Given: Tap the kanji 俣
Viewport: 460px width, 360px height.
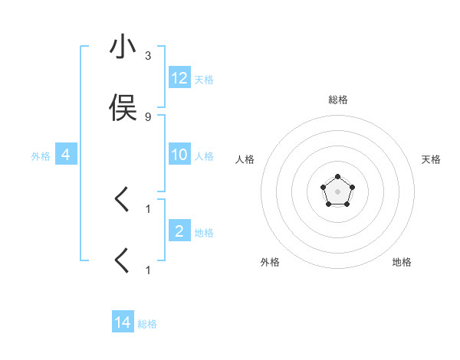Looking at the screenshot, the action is tap(123, 108).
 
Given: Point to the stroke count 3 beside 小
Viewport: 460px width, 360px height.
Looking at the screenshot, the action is tap(148, 56).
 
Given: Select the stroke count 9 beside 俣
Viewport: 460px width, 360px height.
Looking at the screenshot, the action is tap(148, 116).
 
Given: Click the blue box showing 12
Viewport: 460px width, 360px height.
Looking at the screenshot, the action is tap(179, 77).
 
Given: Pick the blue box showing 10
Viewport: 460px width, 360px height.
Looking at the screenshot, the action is tap(179, 155).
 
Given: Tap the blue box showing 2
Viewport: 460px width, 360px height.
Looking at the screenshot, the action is tap(179, 231).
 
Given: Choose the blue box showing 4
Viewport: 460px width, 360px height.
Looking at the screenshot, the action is tap(66, 155).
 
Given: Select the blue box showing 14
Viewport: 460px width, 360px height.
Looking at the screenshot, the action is tap(123, 322).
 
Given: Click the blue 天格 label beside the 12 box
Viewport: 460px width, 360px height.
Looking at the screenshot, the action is tap(204, 79).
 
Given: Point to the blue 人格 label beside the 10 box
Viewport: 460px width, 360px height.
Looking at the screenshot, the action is tap(204, 156).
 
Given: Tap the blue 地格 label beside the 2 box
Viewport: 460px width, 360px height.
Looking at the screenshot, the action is tap(204, 232).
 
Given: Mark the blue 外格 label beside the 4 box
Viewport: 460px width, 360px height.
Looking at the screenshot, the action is tap(41, 156).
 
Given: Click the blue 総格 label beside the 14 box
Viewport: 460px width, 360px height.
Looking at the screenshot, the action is tap(147, 324).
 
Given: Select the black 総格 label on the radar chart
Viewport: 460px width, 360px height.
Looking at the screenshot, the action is tap(337, 100).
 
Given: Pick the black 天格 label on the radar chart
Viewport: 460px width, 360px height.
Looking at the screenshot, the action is tap(431, 159).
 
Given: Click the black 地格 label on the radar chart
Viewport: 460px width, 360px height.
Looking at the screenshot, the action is tap(402, 262).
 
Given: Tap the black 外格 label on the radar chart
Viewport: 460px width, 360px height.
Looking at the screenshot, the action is tap(270, 262).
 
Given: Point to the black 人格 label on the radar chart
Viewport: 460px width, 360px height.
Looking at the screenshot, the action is tap(245, 159).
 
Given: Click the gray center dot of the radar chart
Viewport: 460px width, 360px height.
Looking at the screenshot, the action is tap(337, 191).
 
